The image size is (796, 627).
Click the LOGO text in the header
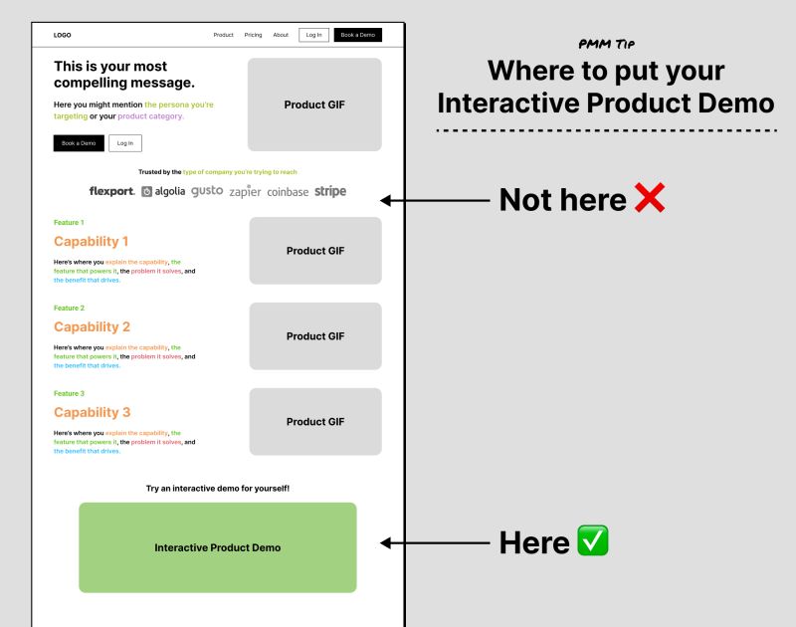click(62, 35)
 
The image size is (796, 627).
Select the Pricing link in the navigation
click(253, 35)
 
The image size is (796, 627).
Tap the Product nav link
click(223, 35)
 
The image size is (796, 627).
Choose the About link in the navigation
click(281, 35)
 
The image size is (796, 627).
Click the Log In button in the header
click(313, 35)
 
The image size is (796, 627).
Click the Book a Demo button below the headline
click(79, 142)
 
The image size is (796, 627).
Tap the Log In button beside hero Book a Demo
click(125, 142)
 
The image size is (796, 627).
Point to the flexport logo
click(111, 191)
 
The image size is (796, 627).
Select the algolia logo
click(163, 191)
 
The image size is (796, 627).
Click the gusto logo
click(207, 190)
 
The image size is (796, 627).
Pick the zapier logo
click(245, 191)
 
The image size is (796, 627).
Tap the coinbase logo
click(288, 191)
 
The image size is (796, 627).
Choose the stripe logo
click(330, 191)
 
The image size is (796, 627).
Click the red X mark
click(649, 200)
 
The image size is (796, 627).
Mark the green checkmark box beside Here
click(593, 542)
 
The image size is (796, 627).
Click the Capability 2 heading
click(92, 326)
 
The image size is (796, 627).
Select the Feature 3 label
click(69, 393)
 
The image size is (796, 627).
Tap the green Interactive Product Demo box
click(218, 547)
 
